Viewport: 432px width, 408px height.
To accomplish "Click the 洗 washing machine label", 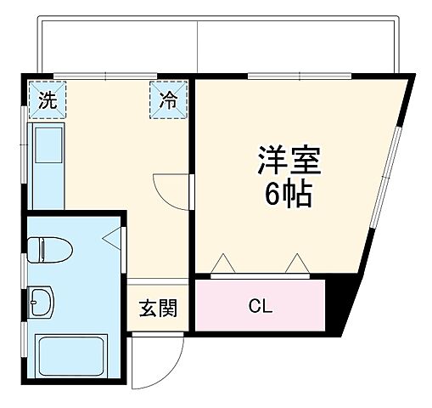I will tap(47, 100).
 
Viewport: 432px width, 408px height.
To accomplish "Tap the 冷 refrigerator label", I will tap(170, 100).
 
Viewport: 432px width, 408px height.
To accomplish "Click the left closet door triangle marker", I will tap(222, 263).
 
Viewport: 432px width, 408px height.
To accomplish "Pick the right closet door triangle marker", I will tap(297, 263).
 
